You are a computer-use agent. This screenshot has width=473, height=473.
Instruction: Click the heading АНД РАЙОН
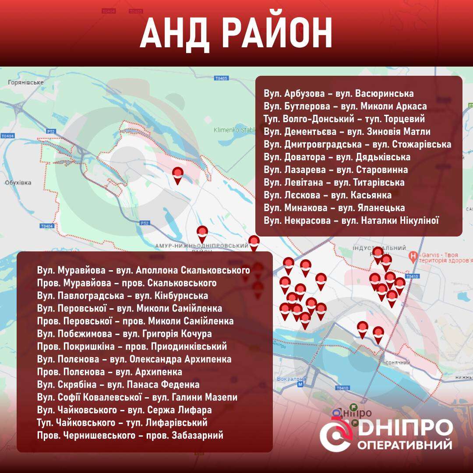pos(236,34)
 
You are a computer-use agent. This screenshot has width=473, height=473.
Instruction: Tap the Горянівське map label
pos(26,82)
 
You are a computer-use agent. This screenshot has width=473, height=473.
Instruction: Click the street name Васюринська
pos(385,94)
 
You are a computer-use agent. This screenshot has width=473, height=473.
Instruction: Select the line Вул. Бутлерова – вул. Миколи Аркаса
pos(345,106)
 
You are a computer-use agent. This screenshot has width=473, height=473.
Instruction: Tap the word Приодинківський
pos(189,347)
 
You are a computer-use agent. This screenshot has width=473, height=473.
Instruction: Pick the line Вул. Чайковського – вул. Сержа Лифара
pos(124,410)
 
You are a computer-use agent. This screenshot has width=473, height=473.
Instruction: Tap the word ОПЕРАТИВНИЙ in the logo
pos(405,445)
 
